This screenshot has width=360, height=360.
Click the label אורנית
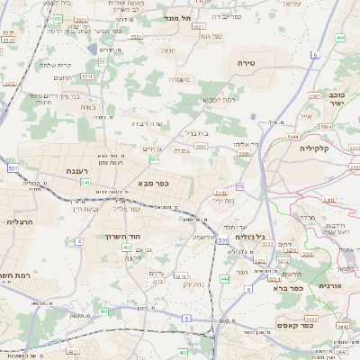coord(330,285)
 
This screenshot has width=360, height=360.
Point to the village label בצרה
coord(87,106)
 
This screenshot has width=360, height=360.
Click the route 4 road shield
coord(79,241)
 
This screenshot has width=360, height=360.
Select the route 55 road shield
coord(239,185)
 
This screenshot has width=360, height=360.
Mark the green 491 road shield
coord(104,311)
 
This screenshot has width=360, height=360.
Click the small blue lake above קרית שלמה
coord(94,50)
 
